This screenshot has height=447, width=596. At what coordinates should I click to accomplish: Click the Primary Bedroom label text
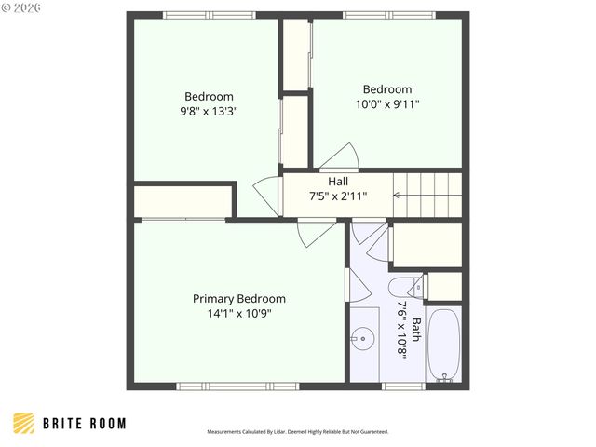pos(238,299)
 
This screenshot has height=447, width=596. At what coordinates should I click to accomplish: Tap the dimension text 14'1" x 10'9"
pos(238,314)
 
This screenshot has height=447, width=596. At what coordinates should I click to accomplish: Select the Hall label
pos(338,181)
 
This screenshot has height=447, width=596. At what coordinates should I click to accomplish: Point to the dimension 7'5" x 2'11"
pos(338,196)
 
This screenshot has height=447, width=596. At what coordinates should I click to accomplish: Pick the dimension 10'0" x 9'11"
pos(387,104)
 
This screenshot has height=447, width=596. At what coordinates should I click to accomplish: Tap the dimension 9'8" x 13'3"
pos(209,111)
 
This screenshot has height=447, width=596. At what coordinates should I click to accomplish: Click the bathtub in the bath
pos(443,344)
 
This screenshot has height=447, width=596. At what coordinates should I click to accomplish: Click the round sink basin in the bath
pos(363,335)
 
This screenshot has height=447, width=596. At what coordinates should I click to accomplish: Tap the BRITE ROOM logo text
pos(84,424)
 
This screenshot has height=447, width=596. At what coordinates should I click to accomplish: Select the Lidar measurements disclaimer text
pos(297,432)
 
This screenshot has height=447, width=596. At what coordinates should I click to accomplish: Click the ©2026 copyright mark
pos(18,8)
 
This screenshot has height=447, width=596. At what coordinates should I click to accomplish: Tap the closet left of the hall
pos(183,201)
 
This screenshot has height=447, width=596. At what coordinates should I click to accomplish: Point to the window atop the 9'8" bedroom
pos(208,14)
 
